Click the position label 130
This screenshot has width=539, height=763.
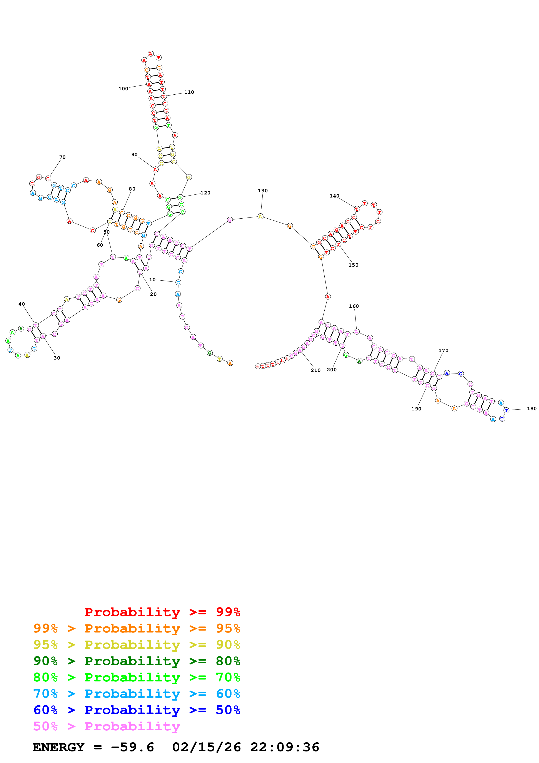(x=262, y=191)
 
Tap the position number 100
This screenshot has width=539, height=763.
(x=123, y=89)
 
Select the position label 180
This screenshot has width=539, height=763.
(x=531, y=409)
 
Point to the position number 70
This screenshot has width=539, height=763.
(x=62, y=157)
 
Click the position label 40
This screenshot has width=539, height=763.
(x=22, y=304)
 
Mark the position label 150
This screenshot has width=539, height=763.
(x=353, y=265)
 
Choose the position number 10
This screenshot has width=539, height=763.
(x=152, y=279)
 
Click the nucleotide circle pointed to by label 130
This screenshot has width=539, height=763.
(x=260, y=217)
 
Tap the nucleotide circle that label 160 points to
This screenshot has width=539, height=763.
(x=356, y=332)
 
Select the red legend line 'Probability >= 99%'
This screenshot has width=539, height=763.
(x=162, y=612)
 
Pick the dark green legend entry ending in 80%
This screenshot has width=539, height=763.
(x=137, y=661)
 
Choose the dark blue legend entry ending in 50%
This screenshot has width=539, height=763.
(x=137, y=710)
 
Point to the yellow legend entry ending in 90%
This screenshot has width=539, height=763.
(x=137, y=645)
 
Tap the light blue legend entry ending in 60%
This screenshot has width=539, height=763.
(x=137, y=694)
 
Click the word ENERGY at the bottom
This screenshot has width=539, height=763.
(x=58, y=747)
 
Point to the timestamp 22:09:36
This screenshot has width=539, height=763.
(x=285, y=747)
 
